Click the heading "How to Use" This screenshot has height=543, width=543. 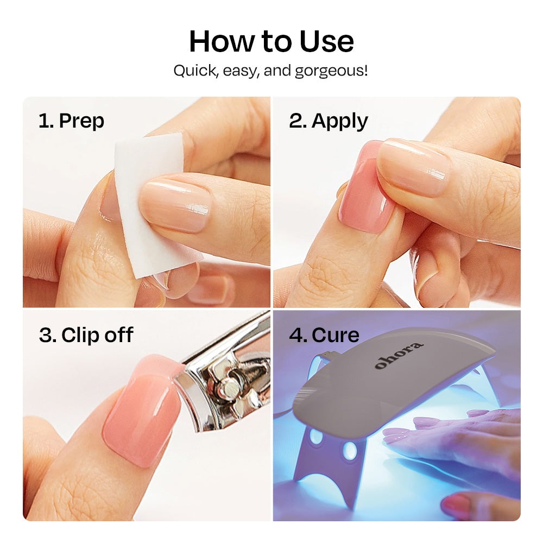click(271, 41)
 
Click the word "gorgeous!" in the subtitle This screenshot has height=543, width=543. click(331, 71)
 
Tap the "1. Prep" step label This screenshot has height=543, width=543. click(71, 121)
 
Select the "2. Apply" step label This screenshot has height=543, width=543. click(329, 121)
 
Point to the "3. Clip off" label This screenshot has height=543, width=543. click(86, 335)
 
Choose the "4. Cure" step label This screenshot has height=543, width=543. click(324, 335)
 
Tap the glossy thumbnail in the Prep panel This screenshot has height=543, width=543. click(175, 204)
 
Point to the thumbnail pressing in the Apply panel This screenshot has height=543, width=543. click(413, 166)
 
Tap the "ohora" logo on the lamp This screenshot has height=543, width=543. click(399, 355)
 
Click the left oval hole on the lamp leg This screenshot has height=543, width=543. click(316, 437)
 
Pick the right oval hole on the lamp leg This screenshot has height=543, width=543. click(350, 451)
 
